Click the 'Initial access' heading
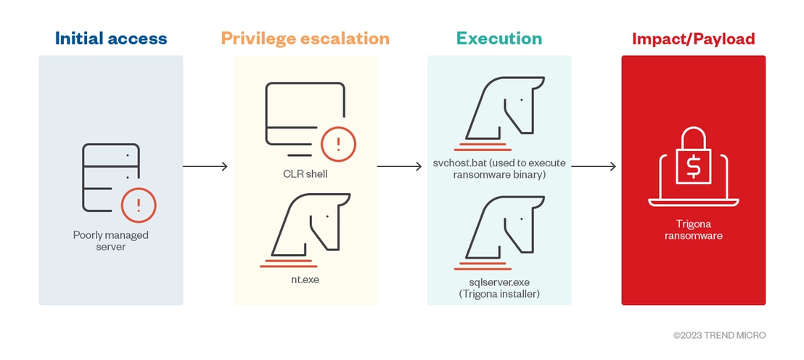(x=111, y=38)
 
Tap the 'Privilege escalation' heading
(x=305, y=39)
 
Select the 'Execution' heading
(x=499, y=38)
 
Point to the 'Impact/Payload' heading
(x=693, y=39)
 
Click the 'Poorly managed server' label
(x=111, y=241)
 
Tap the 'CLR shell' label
(x=305, y=174)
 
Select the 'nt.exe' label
(x=305, y=280)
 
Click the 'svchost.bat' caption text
(x=499, y=169)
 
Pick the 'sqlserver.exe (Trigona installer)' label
(x=499, y=288)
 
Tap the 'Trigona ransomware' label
(x=694, y=230)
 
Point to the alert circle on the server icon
(x=139, y=205)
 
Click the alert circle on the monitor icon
(x=338, y=144)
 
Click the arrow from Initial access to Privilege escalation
(x=205, y=166)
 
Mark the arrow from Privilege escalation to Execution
(x=399, y=166)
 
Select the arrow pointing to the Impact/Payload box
(x=594, y=166)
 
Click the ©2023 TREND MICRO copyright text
(x=719, y=335)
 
